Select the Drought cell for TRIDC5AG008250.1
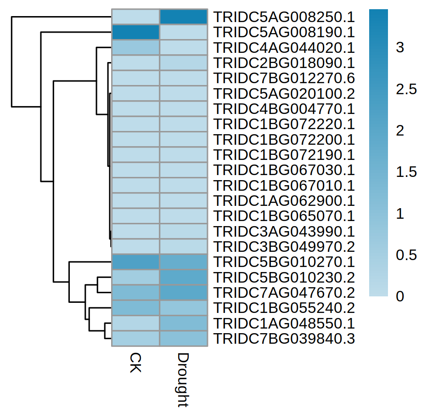click(x=183, y=17)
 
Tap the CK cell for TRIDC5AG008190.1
click(x=135, y=32)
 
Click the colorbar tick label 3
click(x=399, y=47)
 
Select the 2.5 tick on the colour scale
click(x=406, y=89)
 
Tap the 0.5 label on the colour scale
click(x=406, y=255)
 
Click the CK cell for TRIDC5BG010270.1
click(x=135, y=262)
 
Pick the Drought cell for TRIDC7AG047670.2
click(x=183, y=293)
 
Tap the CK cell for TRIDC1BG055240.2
click(x=135, y=308)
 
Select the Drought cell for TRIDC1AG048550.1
click(x=183, y=323)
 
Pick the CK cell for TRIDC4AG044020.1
click(x=135, y=48)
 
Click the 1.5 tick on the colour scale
click(x=406, y=172)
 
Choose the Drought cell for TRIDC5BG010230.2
click(x=183, y=277)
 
